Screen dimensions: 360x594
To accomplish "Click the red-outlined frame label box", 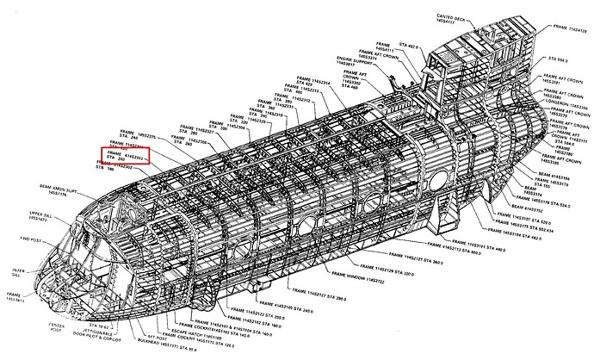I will tap(125, 156).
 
